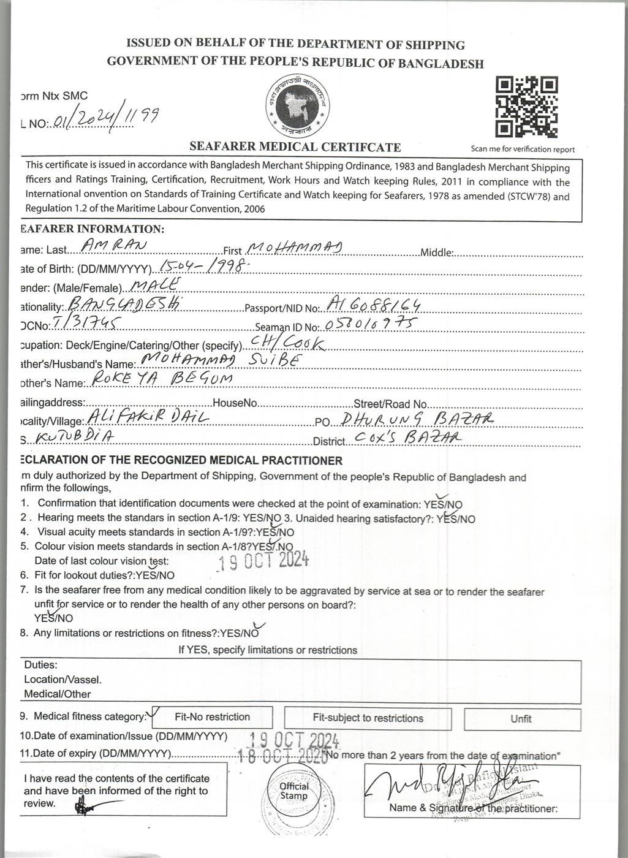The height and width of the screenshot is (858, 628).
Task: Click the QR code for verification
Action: pyautogui.click(x=526, y=107)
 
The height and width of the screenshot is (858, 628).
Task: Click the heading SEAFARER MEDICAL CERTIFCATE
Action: pyautogui.click(x=295, y=147)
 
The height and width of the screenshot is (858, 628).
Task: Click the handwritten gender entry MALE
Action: pyautogui.click(x=156, y=284)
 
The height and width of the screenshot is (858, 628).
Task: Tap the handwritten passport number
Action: pyautogui.click(x=373, y=303)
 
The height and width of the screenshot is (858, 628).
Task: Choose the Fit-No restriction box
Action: pyautogui.click(x=212, y=717)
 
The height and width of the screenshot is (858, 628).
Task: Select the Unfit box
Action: pyautogui.click(x=521, y=719)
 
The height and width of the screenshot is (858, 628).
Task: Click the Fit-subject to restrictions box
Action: pyautogui.click(x=368, y=718)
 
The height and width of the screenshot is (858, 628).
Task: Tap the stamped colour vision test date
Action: pyautogui.click(x=264, y=561)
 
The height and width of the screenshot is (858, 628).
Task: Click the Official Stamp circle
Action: pyautogui.click(x=294, y=791)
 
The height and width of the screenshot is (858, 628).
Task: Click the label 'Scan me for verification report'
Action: pyautogui.click(x=523, y=149)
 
